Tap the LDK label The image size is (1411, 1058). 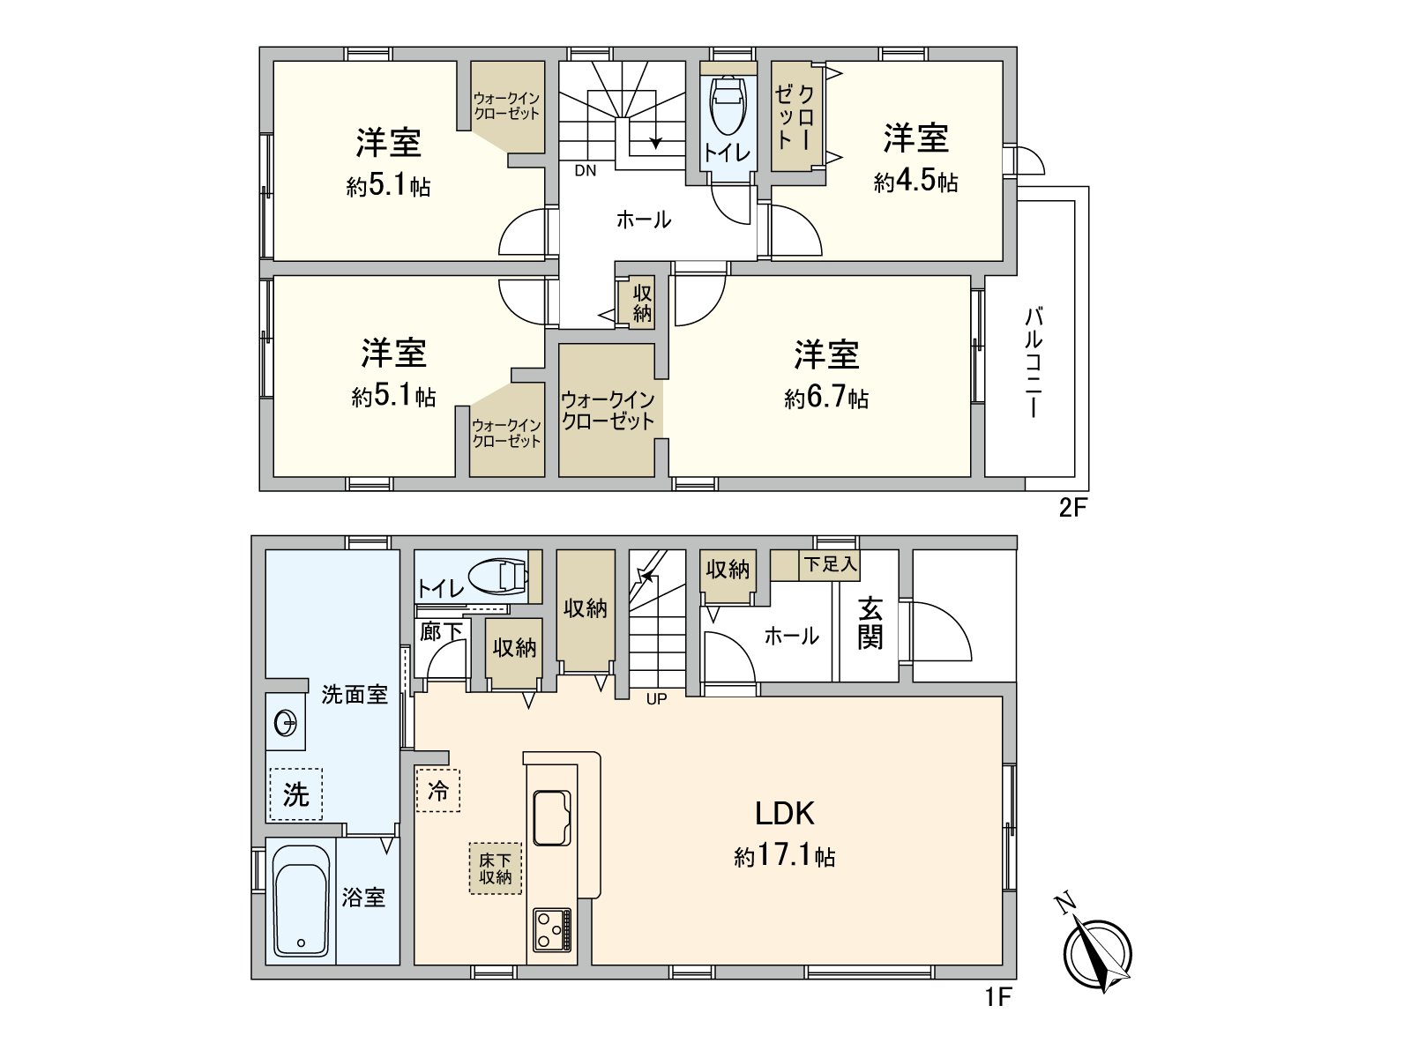[x=784, y=812]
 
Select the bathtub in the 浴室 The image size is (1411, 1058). [x=301, y=900]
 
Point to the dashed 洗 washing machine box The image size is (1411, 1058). [x=295, y=794]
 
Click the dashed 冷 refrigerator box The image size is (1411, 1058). [x=438, y=790]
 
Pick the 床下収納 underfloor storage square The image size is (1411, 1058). [x=495, y=868]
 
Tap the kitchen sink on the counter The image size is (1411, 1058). [x=552, y=818]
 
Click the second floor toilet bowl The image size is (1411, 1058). [x=728, y=104]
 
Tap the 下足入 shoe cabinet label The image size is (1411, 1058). [x=829, y=564]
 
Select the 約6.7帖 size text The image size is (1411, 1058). [x=826, y=399]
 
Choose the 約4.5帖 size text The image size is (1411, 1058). [x=915, y=183]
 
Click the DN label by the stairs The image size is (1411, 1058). [x=586, y=171]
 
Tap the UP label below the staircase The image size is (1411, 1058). [x=656, y=699]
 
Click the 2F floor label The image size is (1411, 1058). [x=1070, y=509]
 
